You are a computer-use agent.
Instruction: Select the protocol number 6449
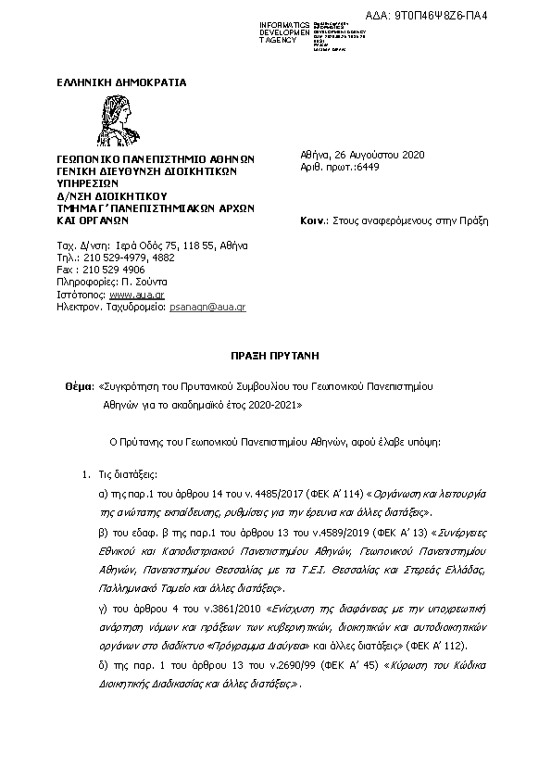pos(369,167)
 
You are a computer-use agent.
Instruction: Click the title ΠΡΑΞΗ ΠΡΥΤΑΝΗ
pos(275,354)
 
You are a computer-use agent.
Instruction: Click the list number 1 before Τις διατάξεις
pos(87,474)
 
